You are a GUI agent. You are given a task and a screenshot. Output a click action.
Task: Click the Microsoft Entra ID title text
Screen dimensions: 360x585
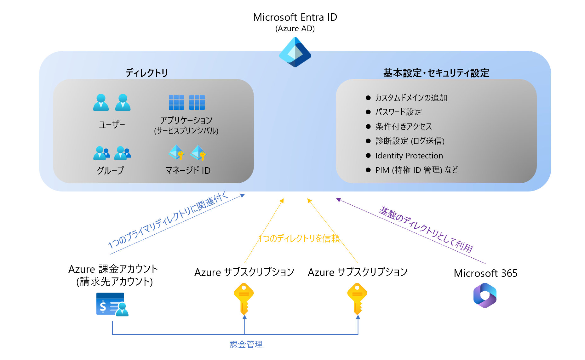click(295, 17)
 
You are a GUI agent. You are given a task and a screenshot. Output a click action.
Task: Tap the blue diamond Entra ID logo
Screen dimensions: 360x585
click(295, 52)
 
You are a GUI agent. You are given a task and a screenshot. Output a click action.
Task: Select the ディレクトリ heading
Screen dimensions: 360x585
click(146, 73)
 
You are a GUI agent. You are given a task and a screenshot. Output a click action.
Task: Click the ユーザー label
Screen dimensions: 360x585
click(112, 125)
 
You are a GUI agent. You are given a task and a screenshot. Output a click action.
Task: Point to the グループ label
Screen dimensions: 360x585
click(110, 170)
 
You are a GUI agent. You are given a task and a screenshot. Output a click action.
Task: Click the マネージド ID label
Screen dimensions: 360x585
click(188, 170)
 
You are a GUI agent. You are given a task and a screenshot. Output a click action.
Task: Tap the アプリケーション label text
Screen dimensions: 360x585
click(186, 120)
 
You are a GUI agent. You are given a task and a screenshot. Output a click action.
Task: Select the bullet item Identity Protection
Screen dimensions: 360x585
click(409, 156)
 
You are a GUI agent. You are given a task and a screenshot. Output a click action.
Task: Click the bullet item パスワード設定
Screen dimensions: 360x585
click(398, 112)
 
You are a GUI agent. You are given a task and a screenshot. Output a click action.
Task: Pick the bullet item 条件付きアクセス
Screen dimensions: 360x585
click(403, 126)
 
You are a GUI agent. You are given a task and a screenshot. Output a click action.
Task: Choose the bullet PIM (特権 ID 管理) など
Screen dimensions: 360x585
click(416, 170)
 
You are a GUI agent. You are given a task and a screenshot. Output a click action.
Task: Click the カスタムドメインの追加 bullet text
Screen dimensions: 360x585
click(411, 98)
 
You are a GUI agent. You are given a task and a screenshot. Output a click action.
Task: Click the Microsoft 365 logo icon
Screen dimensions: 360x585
click(485, 295)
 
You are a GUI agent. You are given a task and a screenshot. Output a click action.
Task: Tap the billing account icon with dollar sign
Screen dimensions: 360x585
click(112, 304)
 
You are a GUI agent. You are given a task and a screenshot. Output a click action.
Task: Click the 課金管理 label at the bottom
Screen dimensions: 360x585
click(246, 344)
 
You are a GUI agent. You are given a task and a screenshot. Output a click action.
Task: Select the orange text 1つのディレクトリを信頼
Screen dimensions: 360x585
click(299, 238)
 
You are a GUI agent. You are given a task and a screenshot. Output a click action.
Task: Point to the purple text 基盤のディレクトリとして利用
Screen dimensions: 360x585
click(426, 230)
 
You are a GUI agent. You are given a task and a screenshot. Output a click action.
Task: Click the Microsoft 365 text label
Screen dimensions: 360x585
click(485, 273)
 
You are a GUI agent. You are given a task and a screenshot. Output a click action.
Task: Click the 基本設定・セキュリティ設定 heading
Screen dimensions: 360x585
click(436, 73)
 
